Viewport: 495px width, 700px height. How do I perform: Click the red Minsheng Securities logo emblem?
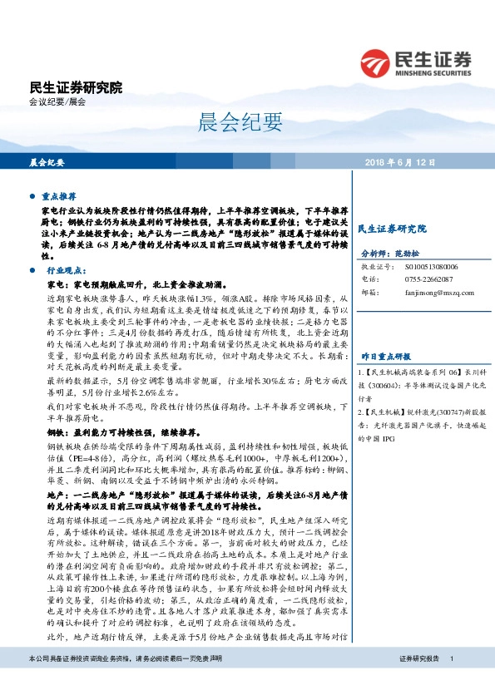pyautogui.click(x=374, y=61)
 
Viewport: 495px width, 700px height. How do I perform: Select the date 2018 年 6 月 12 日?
pyautogui.click(x=400, y=162)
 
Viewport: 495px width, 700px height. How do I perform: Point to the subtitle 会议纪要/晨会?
pyautogui.click(x=57, y=102)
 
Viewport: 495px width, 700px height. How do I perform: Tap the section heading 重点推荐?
pyautogui.click(x=59, y=198)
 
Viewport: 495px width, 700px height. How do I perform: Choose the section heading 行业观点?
pyautogui.click(x=66, y=271)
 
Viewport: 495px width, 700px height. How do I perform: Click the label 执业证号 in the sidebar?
pyautogui.click(x=372, y=268)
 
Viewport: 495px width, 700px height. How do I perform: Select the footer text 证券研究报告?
pyautogui.click(x=418, y=682)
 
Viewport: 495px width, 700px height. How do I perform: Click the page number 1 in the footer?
pyautogui.click(x=451, y=682)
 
